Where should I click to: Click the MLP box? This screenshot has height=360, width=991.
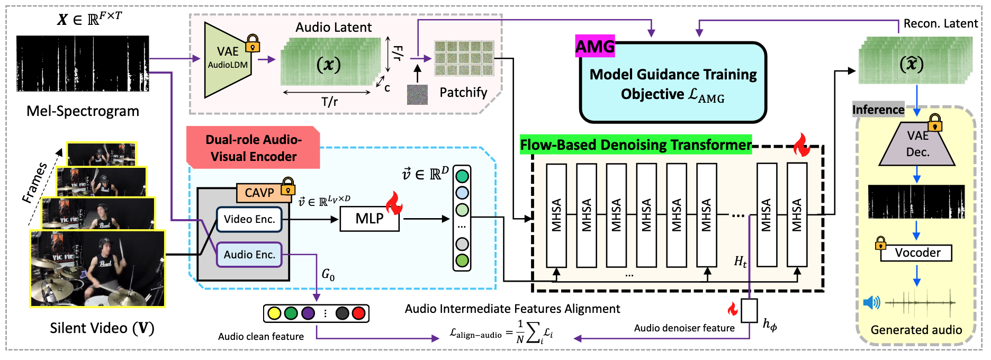[370, 219]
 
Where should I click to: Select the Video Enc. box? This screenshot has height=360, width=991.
[249, 219]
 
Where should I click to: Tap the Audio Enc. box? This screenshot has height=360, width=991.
[249, 255]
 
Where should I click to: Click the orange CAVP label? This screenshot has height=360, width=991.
[259, 193]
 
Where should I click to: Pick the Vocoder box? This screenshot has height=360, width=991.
[917, 253]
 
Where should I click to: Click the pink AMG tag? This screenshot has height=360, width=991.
[595, 47]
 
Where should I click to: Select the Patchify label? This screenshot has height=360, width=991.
[463, 93]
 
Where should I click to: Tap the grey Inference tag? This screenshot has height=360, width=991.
[878, 110]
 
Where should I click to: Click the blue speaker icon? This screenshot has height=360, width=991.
[871, 303]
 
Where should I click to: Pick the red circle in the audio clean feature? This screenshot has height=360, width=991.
[358, 313]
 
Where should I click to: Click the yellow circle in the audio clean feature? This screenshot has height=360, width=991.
[274, 313]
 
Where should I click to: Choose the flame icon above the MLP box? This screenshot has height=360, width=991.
[393, 203]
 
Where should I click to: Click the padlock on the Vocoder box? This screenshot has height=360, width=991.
[880, 244]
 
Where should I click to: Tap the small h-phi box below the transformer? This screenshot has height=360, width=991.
[749, 311]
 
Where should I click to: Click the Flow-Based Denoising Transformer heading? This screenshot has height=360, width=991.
[636, 145]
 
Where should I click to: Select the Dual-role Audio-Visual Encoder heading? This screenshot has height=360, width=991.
[254, 148]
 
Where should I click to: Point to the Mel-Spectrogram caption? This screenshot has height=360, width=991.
[83, 111]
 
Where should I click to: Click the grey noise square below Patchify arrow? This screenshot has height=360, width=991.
[417, 95]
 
